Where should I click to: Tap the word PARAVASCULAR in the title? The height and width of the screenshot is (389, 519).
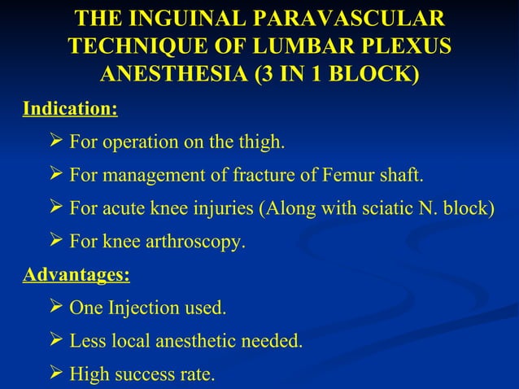click(354, 19)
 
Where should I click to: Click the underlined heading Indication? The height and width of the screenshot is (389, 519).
click(70, 108)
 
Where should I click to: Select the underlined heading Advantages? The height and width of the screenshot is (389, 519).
click(76, 274)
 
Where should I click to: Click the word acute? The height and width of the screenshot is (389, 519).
click(123, 208)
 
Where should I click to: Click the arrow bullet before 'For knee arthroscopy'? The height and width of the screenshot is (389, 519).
click(56, 241)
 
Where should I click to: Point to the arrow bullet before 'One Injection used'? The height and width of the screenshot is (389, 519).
click(56, 308)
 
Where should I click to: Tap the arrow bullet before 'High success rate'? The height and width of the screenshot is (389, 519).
click(56, 374)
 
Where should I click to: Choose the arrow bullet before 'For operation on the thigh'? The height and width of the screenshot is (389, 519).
click(56, 142)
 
